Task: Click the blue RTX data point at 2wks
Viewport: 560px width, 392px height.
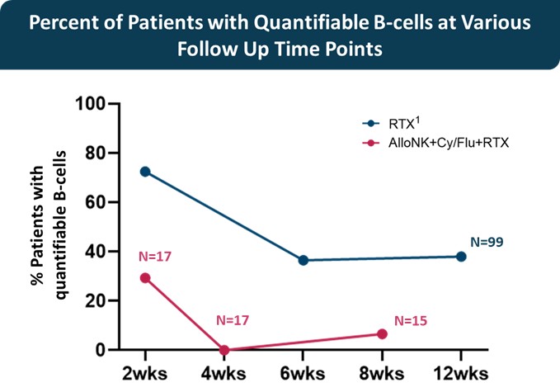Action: (x=145, y=172)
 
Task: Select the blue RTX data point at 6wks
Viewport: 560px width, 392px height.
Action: (x=304, y=260)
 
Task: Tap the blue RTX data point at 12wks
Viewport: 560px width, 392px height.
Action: (x=461, y=257)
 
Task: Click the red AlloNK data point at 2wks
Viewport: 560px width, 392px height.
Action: (x=145, y=278)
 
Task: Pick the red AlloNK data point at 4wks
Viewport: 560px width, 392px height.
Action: (x=224, y=350)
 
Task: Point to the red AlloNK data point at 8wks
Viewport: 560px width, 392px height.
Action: (x=382, y=333)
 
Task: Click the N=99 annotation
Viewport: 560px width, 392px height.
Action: (x=486, y=243)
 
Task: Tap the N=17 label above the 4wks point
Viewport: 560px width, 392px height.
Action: (x=234, y=319)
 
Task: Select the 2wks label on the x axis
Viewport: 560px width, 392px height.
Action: (x=145, y=372)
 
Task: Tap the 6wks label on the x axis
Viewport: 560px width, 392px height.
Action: (x=304, y=372)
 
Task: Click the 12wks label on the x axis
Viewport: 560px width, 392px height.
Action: (x=461, y=372)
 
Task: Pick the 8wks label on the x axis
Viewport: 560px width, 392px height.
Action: (x=382, y=372)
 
